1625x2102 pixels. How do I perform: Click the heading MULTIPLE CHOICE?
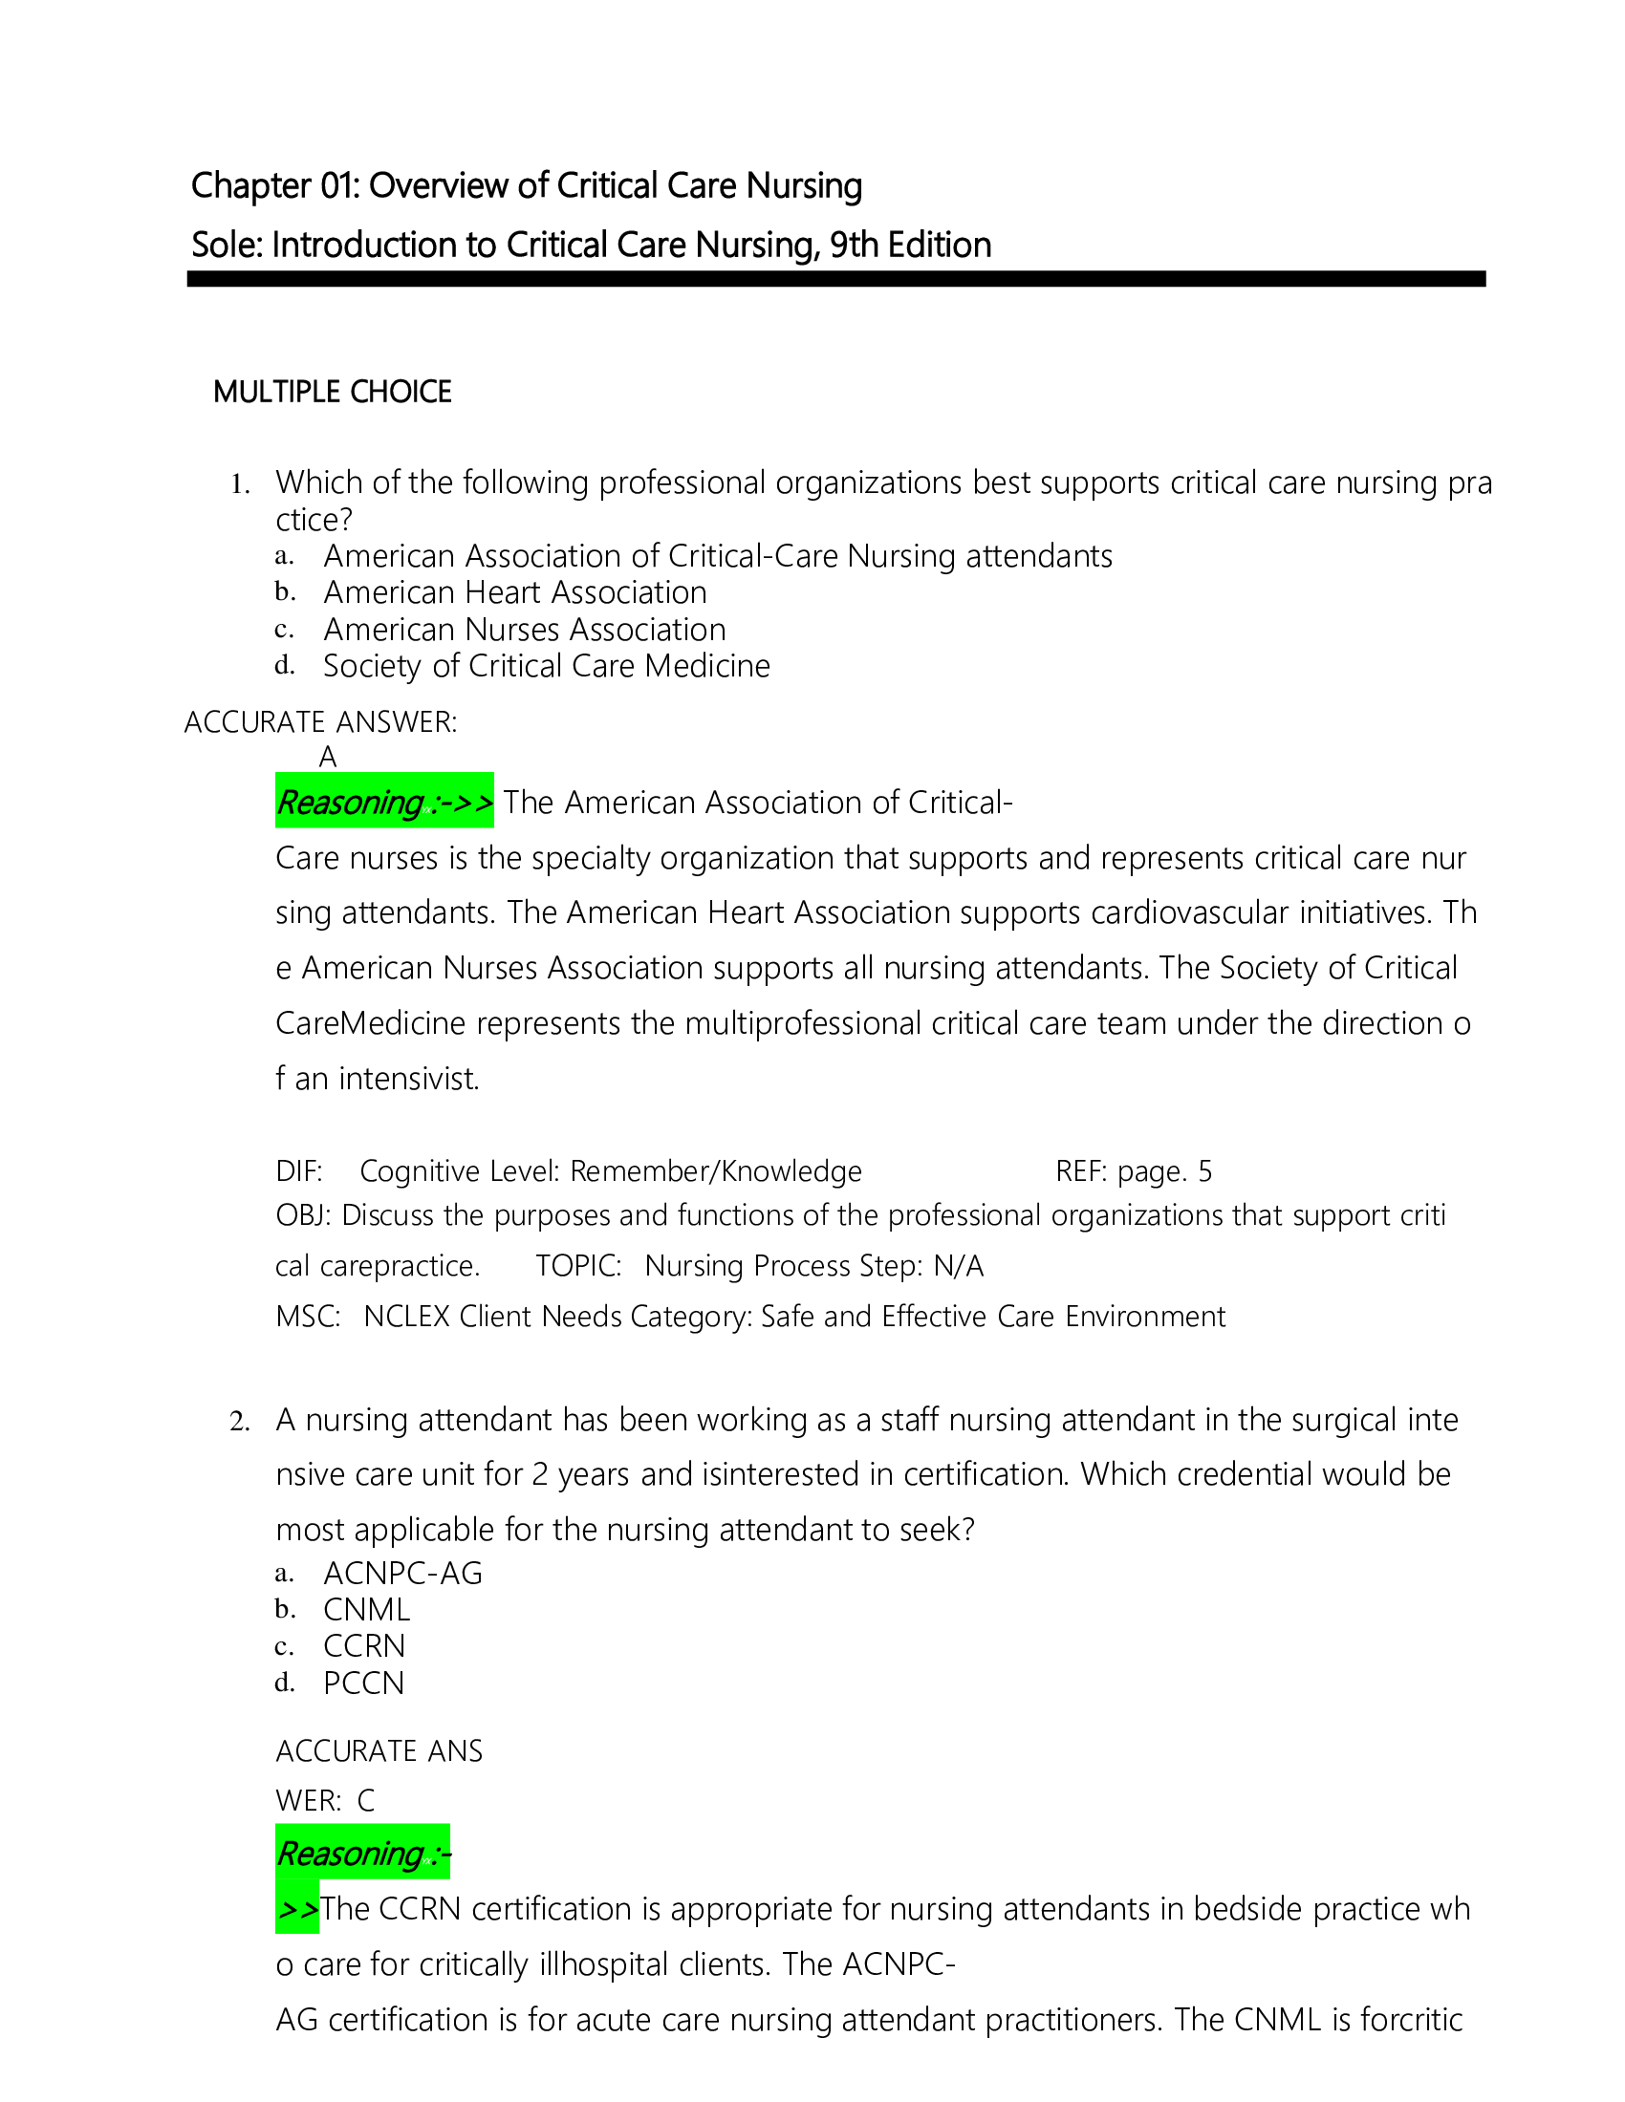click(332, 392)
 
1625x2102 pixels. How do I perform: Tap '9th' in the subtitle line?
click(854, 246)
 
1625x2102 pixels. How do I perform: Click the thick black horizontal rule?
click(835, 279)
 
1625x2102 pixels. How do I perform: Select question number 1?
click(240, 485)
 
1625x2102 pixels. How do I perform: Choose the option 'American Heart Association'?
click(515, 592)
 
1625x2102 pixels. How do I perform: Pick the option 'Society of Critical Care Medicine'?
click(546, 666)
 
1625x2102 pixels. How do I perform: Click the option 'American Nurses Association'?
click(525, 630)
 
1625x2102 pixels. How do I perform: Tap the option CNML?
click(366, 1609)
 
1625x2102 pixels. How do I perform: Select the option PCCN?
click(364, 1683)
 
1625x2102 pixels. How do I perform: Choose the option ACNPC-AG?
click(402, 1573)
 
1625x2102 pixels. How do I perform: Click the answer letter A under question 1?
click(327, 758)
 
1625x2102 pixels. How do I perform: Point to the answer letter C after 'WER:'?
click(366, 1800)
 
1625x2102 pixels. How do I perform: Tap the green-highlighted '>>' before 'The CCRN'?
click(297, 1909)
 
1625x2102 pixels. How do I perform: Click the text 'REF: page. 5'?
click(1133, 1171)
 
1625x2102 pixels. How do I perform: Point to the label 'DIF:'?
click(299, 1171)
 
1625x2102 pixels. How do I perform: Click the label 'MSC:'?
click(308, 1316)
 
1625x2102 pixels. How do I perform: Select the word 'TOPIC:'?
click(578, 1266)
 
